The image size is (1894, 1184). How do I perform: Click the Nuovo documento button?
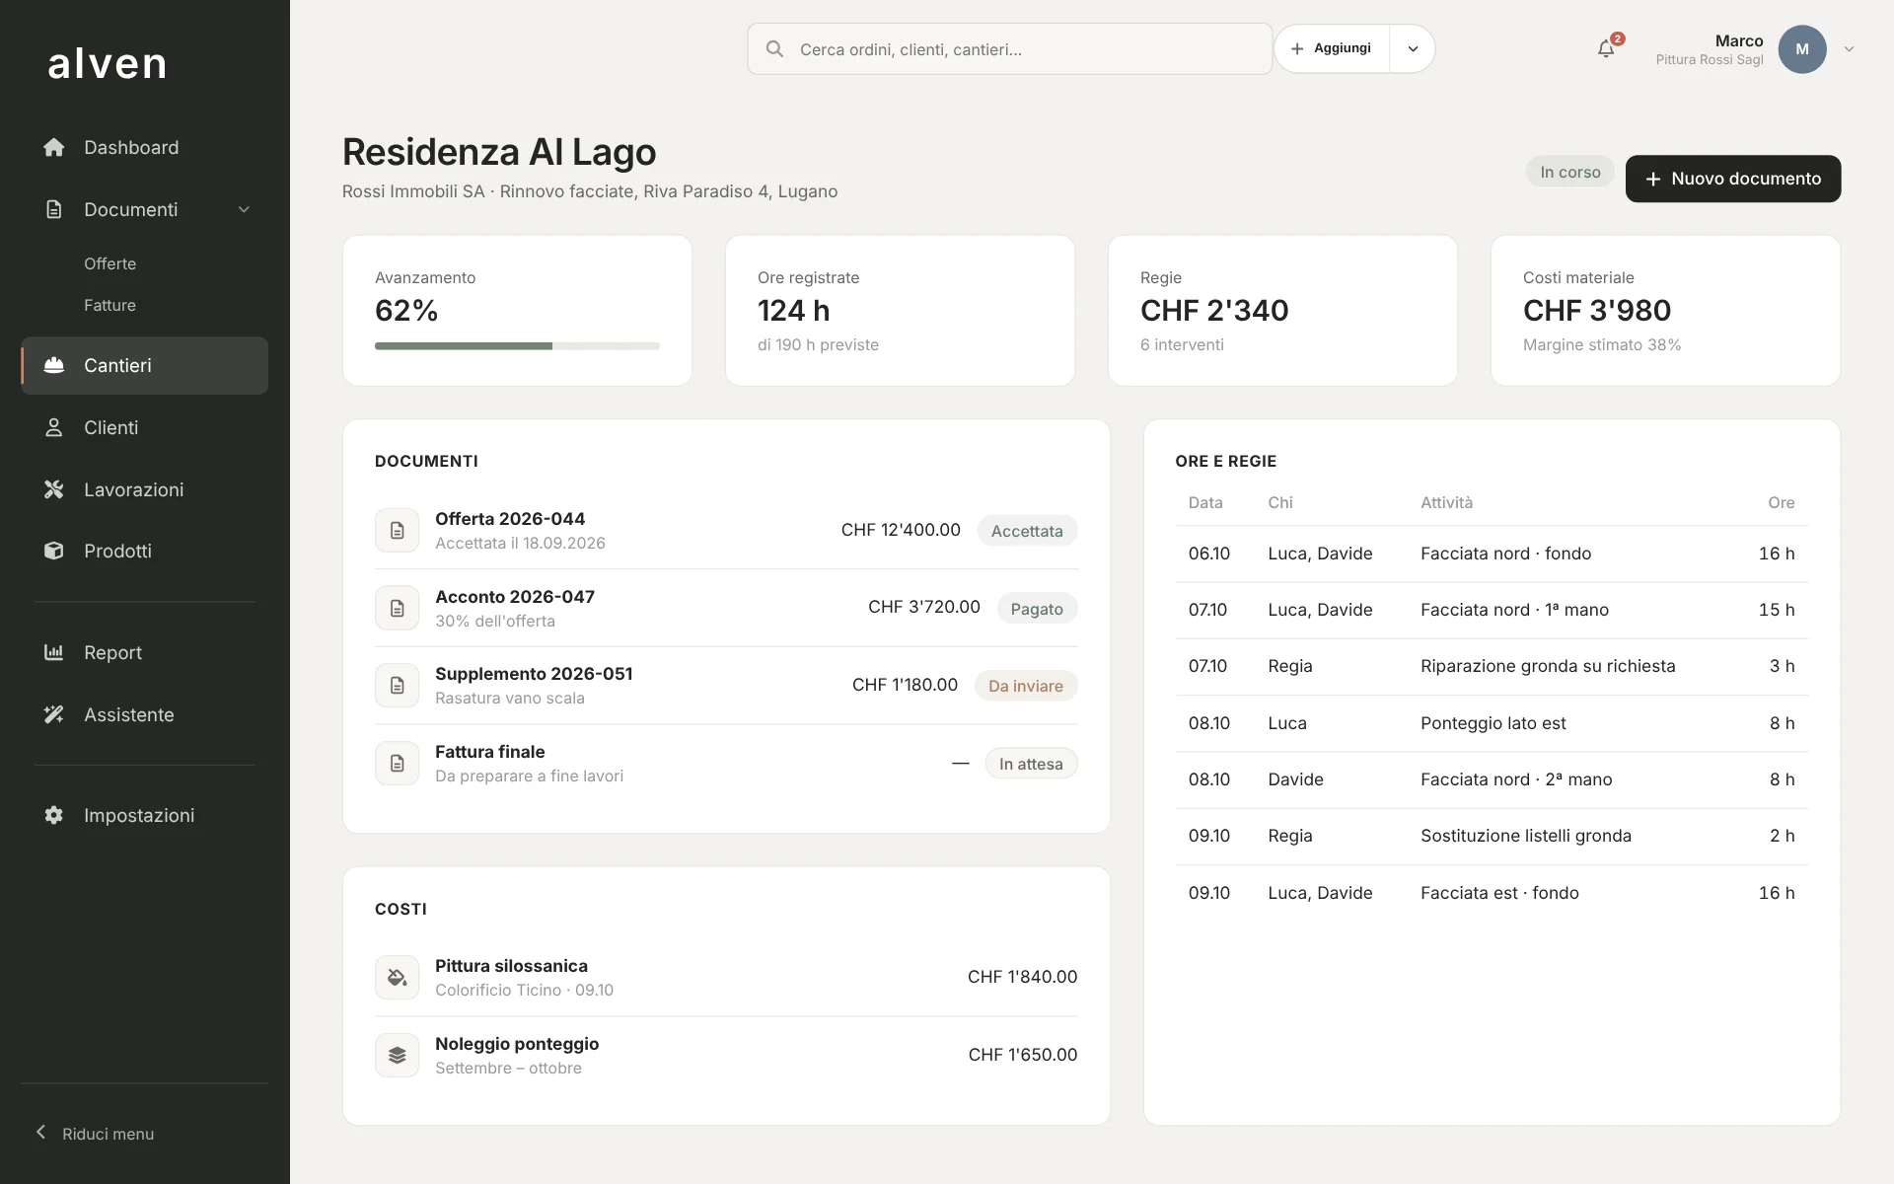1732,179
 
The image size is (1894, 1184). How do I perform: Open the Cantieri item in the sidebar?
145,366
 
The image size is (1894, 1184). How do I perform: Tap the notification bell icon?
1606,49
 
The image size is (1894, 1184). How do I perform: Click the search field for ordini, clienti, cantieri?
1009,49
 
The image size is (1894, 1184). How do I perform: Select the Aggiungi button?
1332,48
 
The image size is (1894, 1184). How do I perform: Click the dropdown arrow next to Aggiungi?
1413,49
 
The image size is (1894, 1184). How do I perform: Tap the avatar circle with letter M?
1802,49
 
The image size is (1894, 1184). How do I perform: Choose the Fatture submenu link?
109,306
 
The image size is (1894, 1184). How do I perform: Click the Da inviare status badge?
1026,686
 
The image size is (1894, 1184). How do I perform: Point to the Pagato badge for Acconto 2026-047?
1037,609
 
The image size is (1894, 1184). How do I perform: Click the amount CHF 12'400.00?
901,530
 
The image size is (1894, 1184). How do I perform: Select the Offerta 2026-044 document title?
510,519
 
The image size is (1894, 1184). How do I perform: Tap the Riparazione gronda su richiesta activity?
1548,666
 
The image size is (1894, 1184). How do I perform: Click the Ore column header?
1781,503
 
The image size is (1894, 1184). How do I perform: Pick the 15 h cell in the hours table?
1777,610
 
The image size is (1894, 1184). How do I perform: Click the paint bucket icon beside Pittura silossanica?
398,978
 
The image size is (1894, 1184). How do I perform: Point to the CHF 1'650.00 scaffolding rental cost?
1023,1055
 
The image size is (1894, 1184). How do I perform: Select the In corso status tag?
1570,172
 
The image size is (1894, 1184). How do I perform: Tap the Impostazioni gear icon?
54,815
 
